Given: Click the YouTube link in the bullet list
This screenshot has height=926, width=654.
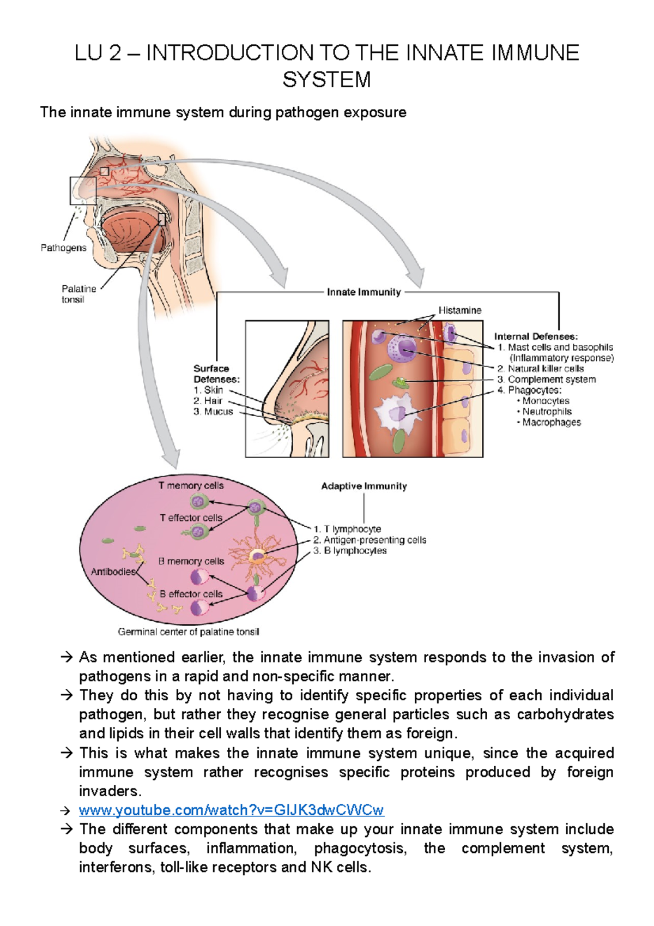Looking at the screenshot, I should [231, 810].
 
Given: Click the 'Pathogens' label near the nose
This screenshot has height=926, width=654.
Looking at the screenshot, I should [63, 248].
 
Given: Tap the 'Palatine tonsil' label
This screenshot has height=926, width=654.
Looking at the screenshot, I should [78, 294].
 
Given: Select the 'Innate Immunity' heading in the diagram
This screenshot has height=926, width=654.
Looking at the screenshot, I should [364, 292].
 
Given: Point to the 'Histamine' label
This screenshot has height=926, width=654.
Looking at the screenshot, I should [459, 310].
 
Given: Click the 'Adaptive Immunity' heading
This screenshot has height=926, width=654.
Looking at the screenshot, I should [364, 486].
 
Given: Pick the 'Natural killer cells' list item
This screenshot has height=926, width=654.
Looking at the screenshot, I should [545, 369].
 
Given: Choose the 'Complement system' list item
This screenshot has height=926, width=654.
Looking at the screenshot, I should [551, 379].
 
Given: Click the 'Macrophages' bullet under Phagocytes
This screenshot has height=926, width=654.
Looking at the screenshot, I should [551, 422].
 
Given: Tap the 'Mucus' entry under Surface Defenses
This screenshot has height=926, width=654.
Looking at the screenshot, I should [218, 412].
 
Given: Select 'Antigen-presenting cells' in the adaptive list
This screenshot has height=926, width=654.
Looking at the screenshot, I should [374, 540].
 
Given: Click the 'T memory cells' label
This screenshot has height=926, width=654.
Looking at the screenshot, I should [191, 485].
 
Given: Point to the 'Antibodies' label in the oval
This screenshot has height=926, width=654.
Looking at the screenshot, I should [113, 572].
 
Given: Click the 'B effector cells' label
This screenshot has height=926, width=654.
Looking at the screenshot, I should [191, 594].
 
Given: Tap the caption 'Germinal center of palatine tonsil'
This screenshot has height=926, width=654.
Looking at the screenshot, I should [188, 632].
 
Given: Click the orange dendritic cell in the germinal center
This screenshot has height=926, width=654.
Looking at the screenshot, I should [257, 557].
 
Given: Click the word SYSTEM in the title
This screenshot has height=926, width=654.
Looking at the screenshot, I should [326, 80].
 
